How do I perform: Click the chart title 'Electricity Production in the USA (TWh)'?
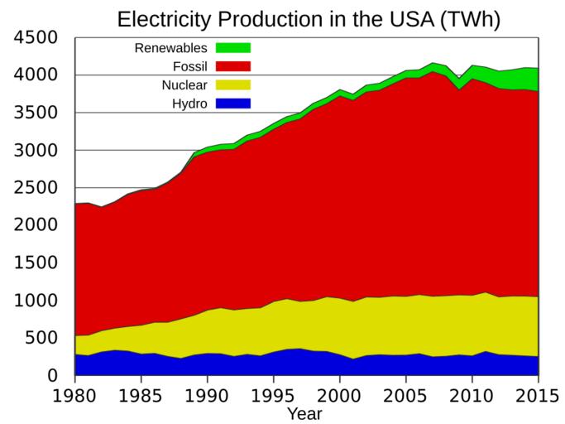(308, 19)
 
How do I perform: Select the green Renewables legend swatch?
(232, 47)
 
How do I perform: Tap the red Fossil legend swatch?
(232, 66)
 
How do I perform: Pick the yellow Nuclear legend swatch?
(232, 84)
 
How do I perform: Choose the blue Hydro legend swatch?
(232, 104)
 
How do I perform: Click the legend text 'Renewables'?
(170, 47)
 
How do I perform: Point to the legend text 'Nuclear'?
(184, 85)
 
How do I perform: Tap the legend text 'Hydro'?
(189, 104)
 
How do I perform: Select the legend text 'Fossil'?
(189, 66)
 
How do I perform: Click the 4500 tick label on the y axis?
(35, 38)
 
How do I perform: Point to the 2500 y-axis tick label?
(35, 188)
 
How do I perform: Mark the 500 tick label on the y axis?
(41, 338)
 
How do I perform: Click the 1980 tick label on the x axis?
(74, 395)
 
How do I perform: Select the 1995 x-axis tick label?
(273, 395)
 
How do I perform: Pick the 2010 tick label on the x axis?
(472, 395)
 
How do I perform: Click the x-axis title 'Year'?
(304, 413)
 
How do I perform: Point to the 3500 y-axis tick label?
(35, 113)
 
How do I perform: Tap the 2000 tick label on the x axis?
(339, 395)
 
